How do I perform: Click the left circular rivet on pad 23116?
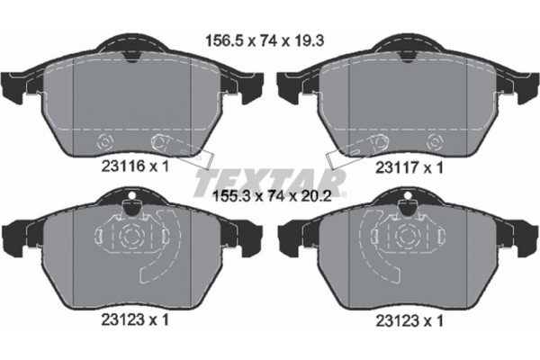click(103, 142)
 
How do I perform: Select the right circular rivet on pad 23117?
click(435, 142)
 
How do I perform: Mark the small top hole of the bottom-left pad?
click(132, 197)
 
